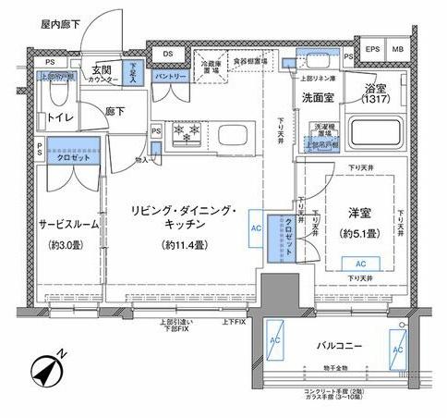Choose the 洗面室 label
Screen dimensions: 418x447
(316, 95)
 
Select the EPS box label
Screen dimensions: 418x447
(374, 48)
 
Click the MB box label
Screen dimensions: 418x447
(397, 48)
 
